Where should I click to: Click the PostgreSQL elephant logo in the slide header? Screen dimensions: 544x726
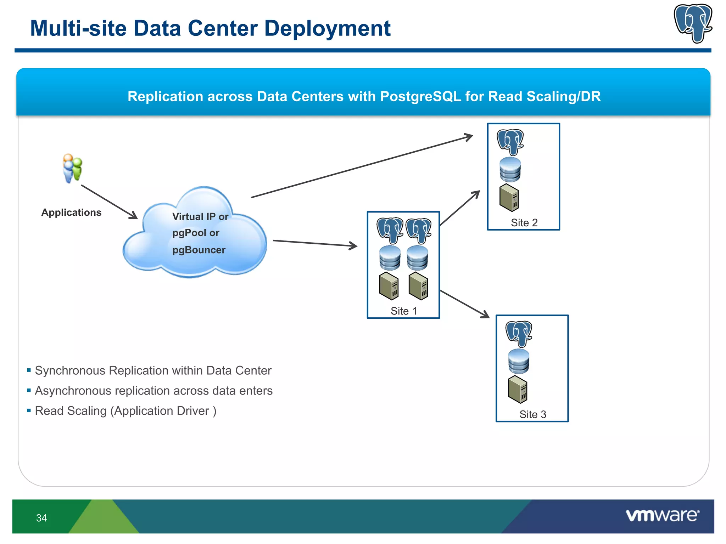(x=693, y=23)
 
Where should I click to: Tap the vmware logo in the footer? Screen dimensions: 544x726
(x=662, y=515)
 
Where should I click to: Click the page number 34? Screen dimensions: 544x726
(x=41, y=518)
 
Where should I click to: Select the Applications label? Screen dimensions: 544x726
(x=71, y=212)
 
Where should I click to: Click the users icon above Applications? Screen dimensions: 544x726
(x=72, y=168)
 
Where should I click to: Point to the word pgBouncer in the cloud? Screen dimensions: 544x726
(x=199, y=250)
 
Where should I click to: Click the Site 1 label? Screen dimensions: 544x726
(x=403, y=311)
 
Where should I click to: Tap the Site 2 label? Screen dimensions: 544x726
(x=524, y=223)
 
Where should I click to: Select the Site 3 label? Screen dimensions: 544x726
(x=532, y=414)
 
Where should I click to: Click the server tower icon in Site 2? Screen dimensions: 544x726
(x=509, y=198)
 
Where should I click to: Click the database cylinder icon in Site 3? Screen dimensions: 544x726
(x=519, y=362)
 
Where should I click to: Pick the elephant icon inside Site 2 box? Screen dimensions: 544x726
(x=510, y=142)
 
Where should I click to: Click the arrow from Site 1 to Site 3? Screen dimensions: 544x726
(x=464, y=304)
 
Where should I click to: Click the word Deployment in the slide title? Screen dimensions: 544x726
(x=327, y=28)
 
